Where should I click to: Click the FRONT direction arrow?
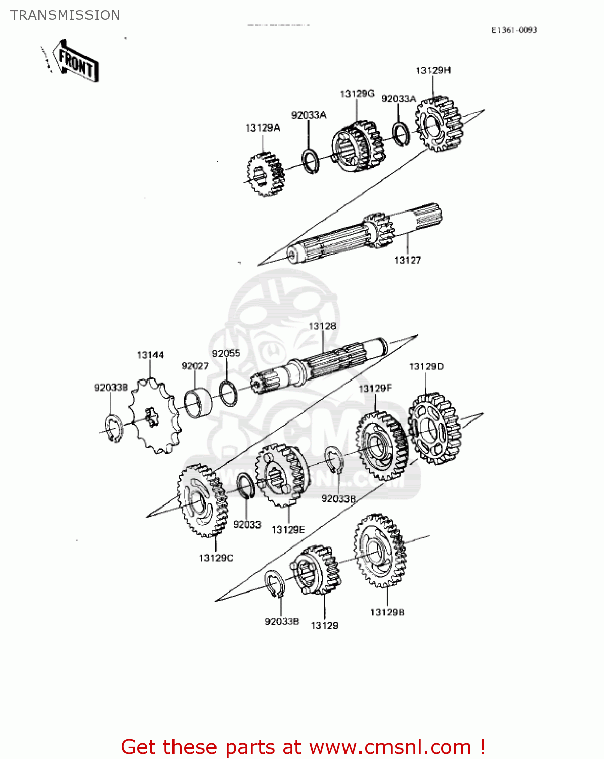click(76, 61)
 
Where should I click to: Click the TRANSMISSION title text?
click(65, 15)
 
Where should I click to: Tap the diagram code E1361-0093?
click(514, 30)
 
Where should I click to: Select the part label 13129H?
click(433, 70)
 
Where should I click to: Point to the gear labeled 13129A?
click(266, 174)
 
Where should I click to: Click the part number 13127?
click(407, 260)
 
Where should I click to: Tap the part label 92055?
click(226, 353)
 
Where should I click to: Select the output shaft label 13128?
click(322, 326)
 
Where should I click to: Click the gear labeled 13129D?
click(435, 429)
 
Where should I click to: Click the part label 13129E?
click(288, 530)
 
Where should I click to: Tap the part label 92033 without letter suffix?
click(247, 525)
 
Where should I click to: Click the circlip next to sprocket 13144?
click(114, 428)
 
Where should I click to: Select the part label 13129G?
click(357, 94)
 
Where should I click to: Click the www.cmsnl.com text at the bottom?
click(390, 747)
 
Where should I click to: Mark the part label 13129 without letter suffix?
click(324, 626)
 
